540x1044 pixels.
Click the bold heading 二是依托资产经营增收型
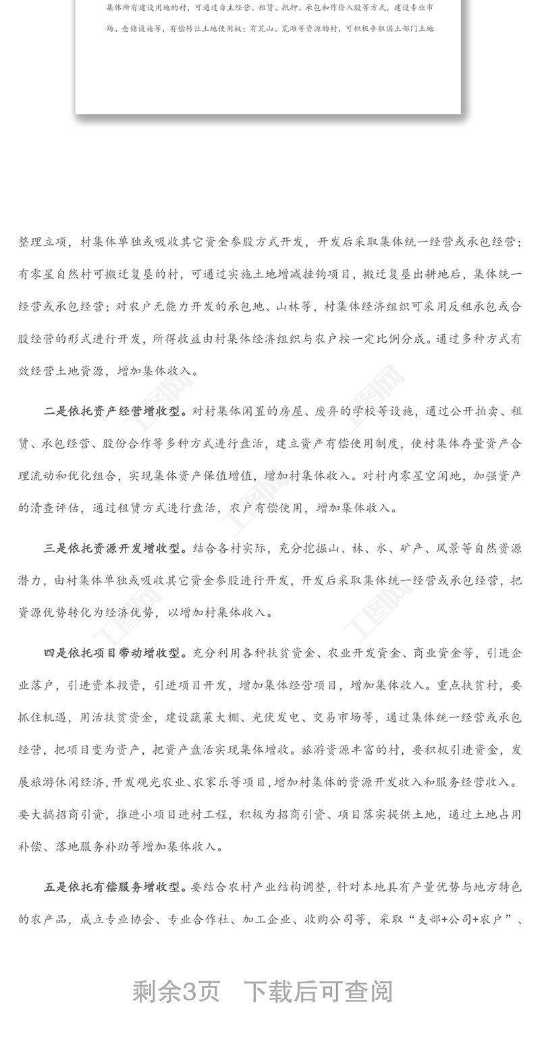click(x=115, y=412)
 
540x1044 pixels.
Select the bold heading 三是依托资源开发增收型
click(x=115, y=548)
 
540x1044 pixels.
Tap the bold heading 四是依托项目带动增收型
click(x=115, y=653)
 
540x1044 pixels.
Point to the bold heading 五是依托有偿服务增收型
click(x=115, y=887)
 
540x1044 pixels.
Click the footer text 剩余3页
click(x=176, y=991)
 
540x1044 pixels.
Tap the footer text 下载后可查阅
click(x=318, y=991)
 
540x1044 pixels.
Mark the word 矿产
click(x=412, y=548)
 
